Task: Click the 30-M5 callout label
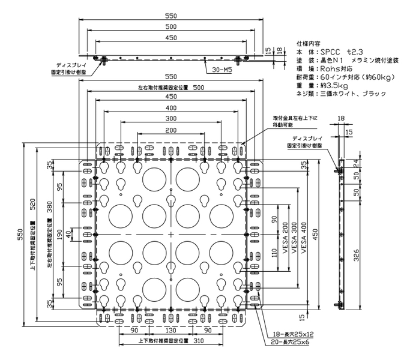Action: (224, 70)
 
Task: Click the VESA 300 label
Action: (294, 233)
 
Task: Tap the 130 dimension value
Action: (170, 330)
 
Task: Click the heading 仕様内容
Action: (310, 44)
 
